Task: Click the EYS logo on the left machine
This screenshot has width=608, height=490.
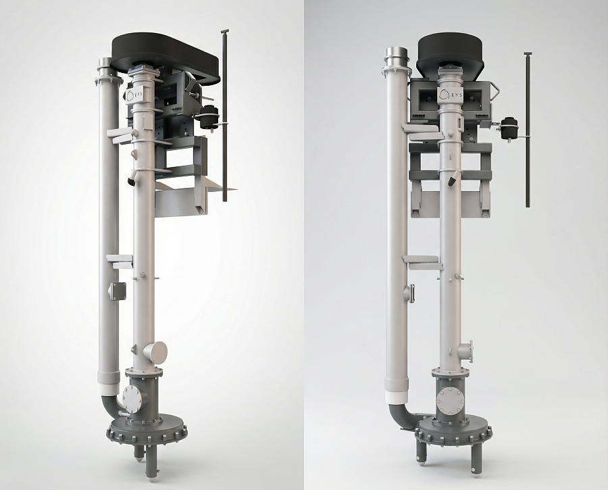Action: click(134, 95)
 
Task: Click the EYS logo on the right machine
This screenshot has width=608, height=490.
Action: click(449, 94)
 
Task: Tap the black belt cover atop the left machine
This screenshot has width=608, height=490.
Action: click(166, 58)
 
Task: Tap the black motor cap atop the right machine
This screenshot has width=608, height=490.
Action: click(450, 53)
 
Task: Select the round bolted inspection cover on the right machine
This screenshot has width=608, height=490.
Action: click(450, 399)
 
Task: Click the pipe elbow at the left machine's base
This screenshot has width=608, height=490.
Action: click(111, 407)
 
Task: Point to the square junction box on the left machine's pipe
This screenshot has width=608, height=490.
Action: click(117, 291)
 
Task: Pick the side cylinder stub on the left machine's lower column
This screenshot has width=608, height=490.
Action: click(156, 352)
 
